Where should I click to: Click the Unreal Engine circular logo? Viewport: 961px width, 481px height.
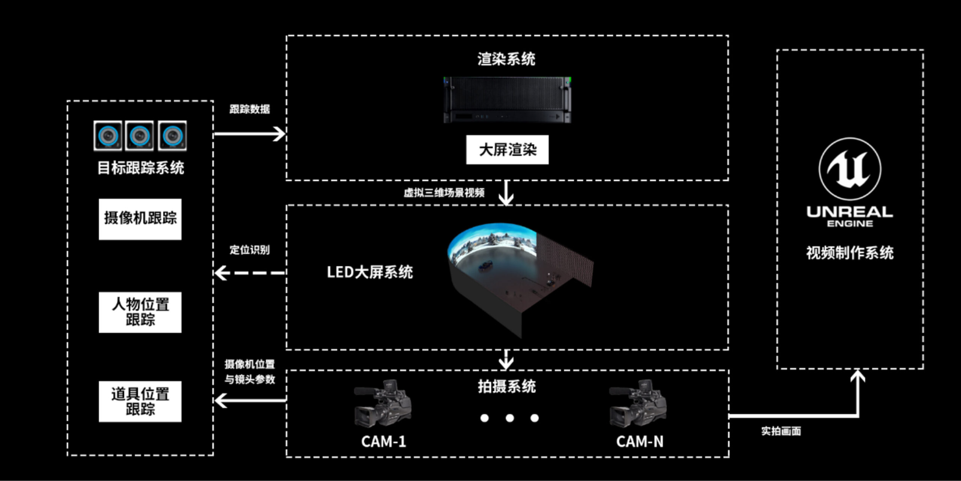click(850, 169)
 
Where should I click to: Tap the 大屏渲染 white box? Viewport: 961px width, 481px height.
click(507, 150)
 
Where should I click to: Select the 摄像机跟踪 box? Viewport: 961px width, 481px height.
click(140, 219)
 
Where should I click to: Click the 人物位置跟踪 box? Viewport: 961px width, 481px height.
click(140, 312)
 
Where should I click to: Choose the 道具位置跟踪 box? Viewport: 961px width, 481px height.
click(140, 401)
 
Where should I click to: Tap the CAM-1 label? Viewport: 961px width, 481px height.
click(383, 442)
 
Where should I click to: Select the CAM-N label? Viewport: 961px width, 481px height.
click(640, 442)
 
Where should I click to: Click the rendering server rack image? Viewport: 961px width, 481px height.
click(507, 100)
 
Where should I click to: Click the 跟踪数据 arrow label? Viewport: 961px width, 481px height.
click(250, 109)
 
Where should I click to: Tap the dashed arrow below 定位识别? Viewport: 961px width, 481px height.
click(250, 273)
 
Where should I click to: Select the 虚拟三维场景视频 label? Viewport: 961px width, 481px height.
click(444, 193)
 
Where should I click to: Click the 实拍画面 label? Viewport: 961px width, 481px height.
click(781, 431)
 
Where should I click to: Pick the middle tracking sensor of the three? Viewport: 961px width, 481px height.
click(139, 136)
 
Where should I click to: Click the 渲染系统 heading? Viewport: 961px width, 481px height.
click(506, 59)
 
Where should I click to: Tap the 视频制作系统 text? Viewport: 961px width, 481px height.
click(850, 253)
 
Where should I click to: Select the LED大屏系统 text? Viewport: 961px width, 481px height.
click(370, 272)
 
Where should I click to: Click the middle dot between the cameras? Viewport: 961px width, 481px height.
click(509, 418)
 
